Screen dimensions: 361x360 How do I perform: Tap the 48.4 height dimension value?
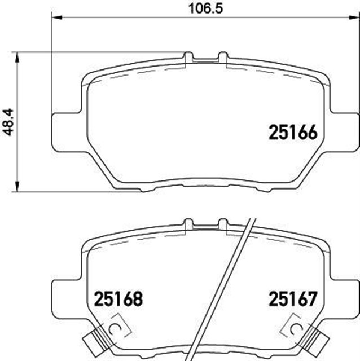[x=8, y=121]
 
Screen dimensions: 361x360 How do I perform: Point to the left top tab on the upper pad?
[x=188, y=56]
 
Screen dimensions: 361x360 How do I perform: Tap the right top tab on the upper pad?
[x=222, y=56]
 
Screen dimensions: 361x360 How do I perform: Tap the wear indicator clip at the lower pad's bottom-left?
[x=94, y=340]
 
